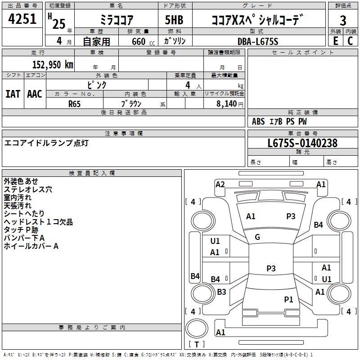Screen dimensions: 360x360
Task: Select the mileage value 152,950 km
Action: pos(53,65)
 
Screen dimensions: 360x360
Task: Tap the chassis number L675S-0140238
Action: pos(302,143)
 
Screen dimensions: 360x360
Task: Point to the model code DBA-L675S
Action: pos(258,41)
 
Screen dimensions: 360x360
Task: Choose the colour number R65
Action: pos(75,103)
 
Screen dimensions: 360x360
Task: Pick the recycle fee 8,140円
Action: pos(230,103)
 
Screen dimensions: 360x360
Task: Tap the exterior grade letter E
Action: pos(335,41)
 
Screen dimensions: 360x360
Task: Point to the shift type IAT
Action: pos(13,94)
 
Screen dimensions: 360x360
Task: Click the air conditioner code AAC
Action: pos(35,94)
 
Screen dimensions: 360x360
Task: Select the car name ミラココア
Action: pos(116,20)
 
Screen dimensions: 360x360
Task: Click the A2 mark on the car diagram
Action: pos(220,184)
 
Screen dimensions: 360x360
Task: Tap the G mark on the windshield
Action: pos(257,237)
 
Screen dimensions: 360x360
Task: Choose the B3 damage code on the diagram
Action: pos(221,292)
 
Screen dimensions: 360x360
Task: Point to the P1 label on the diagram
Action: pos(288,299)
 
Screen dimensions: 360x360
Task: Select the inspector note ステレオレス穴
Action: pos(28,189)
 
